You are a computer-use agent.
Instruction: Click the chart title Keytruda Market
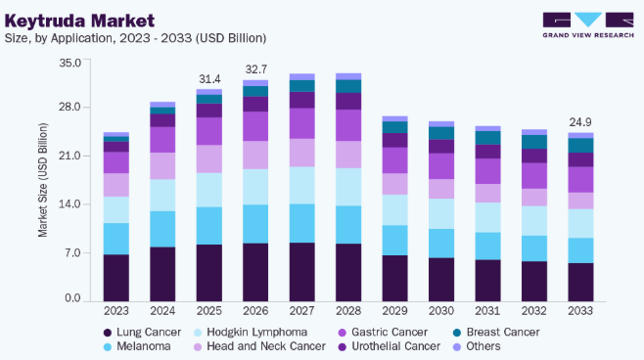pos(79,21)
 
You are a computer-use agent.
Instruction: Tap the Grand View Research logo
pos(588,25)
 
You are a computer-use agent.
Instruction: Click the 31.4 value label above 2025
pos(209,79)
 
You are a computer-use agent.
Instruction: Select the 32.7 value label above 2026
pos(255,69)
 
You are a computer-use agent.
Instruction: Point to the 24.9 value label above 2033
pos(580,122)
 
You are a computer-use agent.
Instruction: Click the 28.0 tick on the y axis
pos(70,108)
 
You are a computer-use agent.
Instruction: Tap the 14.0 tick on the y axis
pos(70,204)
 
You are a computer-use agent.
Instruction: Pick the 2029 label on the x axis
pos(394,311)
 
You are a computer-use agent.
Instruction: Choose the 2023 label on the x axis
pos(116,311)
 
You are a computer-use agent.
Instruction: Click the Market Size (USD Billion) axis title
pos(43,180)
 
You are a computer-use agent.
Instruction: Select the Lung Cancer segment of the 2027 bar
pos(301,272)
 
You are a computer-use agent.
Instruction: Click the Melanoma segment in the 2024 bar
pos(162,229)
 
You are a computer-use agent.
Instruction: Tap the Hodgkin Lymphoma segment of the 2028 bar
pos(348,187)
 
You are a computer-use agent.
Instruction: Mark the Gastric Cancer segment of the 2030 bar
pos(441,166)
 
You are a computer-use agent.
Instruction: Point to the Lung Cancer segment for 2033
pos(580,283)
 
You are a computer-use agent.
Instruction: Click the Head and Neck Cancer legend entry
pos(259,346)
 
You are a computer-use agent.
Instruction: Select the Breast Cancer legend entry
pos(496,332)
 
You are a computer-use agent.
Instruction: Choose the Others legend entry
pos(477,346)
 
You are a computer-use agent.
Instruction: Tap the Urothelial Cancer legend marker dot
pos(343,347)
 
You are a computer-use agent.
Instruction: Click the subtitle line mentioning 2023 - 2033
pos(135,38)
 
